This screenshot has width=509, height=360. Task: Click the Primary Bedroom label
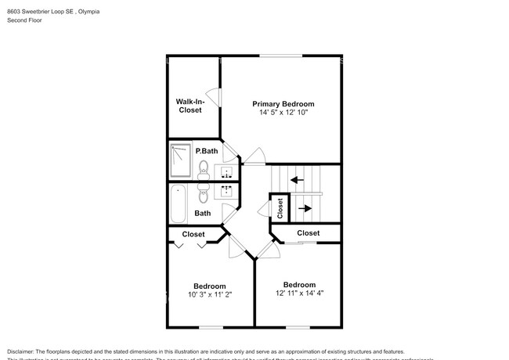(x=283, y=103)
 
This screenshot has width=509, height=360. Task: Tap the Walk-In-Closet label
(x=189, y=106)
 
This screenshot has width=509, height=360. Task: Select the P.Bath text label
(x=206, y=150)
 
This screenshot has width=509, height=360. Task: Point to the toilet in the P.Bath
(x=204, y=167)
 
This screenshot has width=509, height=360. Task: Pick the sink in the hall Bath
(x=228, y=190)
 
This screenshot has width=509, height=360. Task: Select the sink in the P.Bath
(x=228, y=171)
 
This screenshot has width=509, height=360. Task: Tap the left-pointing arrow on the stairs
(x=297, y=179)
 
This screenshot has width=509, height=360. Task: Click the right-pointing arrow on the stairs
(x=306, y=207)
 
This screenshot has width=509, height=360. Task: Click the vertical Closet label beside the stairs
(x=280, y=207)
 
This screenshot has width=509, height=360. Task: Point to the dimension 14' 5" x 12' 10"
(x=283, y=113)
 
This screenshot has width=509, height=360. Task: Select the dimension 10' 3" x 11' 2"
(x=210, y=295)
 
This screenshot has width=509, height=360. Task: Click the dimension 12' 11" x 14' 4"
(x=299, y=293)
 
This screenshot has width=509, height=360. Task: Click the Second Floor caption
(x=24, y=20)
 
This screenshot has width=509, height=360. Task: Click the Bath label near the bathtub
(x=203, y=213)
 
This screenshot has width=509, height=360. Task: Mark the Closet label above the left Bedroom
(x=193, y=234)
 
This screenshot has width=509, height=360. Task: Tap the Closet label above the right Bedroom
(x=308, y=232)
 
